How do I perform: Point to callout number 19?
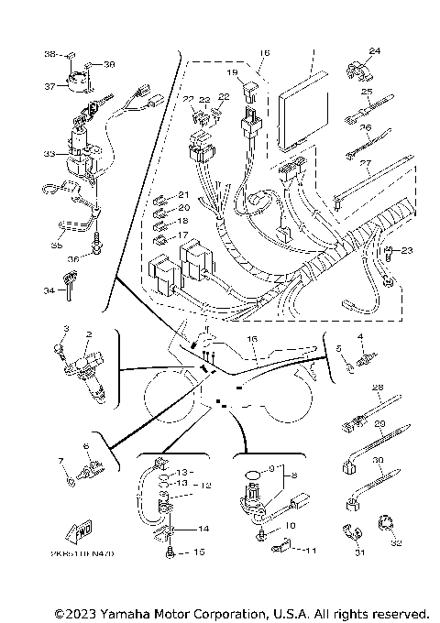tap(231, 72)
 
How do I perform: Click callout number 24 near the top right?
tap(374, 50)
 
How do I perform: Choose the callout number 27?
tap(365, 164)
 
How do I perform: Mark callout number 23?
tap(408, 250)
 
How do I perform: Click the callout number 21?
tap(182, 195)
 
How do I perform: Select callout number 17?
tap(182, 235)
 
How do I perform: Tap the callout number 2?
tap(89, 335)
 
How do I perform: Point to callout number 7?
tap(60, 459)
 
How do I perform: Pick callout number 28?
tap(376, 388)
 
